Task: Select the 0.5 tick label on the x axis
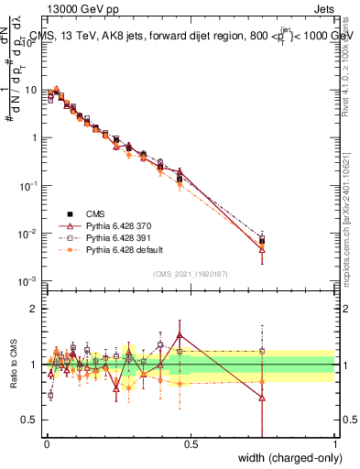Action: tap(191, 444)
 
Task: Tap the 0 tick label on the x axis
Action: tap(46, 444)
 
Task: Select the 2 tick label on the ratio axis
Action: tap(36, 309)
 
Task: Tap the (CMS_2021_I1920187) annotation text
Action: tap(191, 274)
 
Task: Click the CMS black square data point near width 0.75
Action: tap(263, 241)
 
